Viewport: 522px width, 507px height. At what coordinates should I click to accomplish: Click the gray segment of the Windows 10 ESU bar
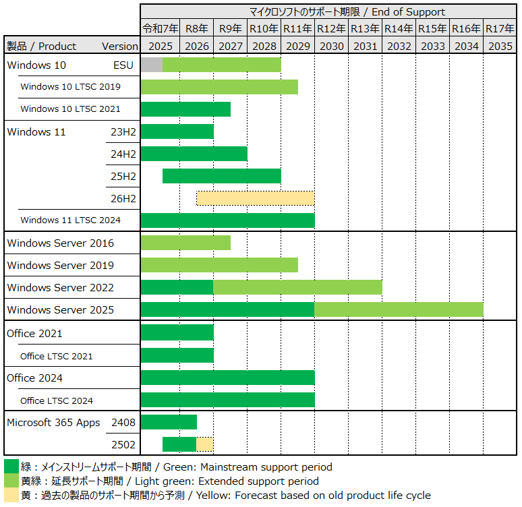pos(152,65)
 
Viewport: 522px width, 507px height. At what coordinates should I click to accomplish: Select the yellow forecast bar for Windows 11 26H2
pos(255,198)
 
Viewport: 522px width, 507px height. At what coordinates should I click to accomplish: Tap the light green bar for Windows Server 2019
pos(219,265)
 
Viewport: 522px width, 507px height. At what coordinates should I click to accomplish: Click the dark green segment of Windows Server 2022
pos(177,287)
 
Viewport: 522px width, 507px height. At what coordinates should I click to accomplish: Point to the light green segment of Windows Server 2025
pos(399,309)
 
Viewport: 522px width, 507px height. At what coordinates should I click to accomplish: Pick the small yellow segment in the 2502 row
pos(205,444)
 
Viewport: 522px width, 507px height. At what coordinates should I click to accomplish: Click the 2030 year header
pos(331,46)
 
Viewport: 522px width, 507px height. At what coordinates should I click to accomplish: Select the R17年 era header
pos(500,28)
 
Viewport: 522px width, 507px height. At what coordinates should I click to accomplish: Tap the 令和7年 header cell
pos(161,28)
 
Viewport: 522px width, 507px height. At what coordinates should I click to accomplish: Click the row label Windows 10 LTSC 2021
pos(70,109)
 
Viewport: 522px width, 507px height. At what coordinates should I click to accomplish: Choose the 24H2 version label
pos(123,154)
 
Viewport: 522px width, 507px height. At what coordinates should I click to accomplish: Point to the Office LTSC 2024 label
pos(57,400)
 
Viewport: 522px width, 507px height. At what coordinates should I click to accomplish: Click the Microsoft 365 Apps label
pos(53,423)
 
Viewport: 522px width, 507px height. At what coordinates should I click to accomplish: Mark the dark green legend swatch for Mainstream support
pos(11,467)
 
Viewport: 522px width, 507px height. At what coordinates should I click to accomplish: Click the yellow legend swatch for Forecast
pos(11,496)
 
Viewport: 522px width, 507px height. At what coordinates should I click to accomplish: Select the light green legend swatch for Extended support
pos(11,481)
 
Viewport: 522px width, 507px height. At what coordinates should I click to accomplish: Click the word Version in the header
pos(119,46)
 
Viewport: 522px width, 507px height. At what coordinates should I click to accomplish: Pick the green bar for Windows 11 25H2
pos(221,176)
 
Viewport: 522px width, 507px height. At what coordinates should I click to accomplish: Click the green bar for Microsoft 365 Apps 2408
pos(169,422)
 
